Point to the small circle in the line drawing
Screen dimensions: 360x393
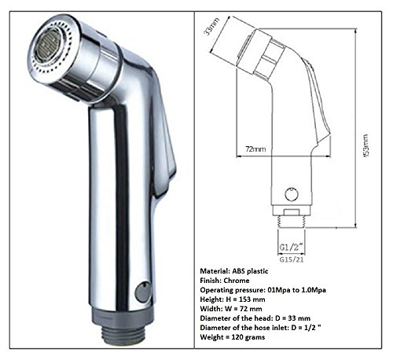292,191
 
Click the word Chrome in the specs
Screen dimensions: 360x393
243,280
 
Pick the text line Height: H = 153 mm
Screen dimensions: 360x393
252,303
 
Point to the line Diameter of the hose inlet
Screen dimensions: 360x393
283,336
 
